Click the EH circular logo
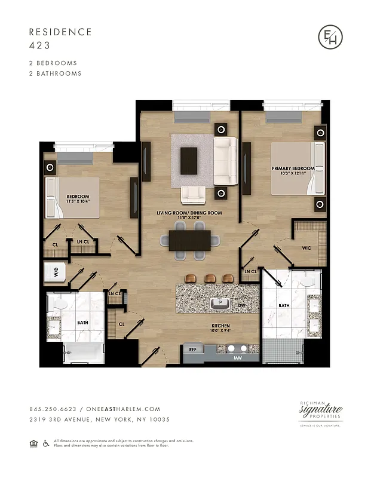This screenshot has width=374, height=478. point(330,38)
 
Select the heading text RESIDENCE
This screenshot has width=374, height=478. point(60,32)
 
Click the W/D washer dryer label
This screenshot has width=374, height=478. point(57,273)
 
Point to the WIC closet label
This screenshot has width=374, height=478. point(306,247)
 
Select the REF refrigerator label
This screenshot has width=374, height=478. point(193,350)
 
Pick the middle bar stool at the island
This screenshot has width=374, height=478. point(209,278)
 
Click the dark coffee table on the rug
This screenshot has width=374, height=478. point(189,161)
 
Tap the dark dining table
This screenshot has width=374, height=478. point(190,240)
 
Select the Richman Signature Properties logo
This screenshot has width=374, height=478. point(321,413)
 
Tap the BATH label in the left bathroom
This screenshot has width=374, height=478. point(82,323)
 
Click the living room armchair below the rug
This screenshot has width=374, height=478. point(194,194)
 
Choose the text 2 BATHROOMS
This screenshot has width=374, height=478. point(55,73)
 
